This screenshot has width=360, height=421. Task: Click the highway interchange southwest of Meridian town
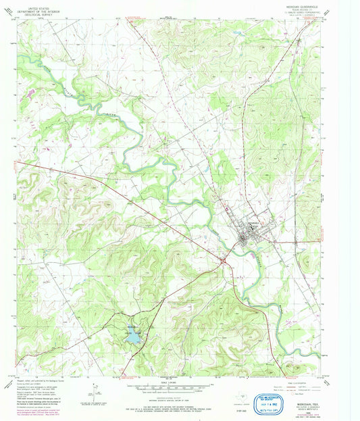click(x=222, y=258)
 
